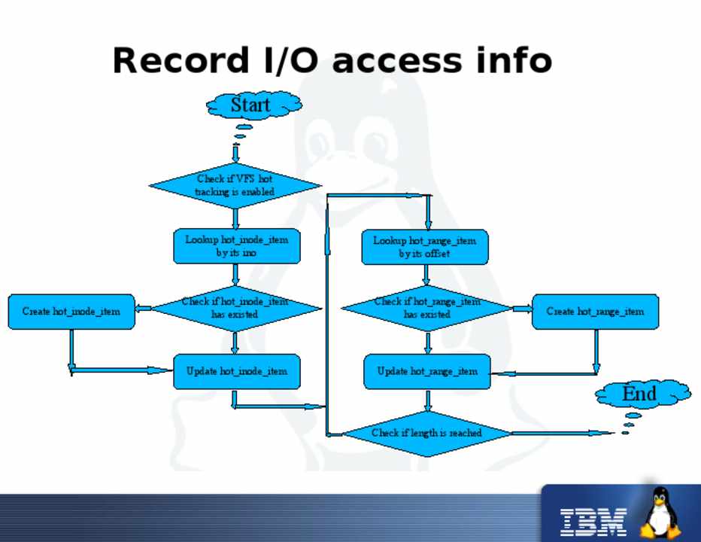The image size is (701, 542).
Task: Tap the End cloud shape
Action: (640, 393)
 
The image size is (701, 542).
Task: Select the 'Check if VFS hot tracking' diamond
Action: (235, 186)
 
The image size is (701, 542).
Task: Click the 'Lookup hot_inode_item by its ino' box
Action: (236, 246)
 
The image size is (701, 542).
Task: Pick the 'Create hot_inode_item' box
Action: (71, 312)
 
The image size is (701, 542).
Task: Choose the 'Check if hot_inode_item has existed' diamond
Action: (235, 307)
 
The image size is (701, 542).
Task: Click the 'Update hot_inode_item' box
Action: (237, 371)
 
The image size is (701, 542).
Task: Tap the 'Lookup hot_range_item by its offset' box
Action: (424, 247)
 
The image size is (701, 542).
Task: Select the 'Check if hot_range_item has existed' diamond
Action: (426, 307)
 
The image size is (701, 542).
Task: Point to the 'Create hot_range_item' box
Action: (595, 312)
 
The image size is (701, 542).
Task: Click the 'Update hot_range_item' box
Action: (426, 372)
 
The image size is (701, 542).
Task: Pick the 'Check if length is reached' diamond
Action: (426, 433)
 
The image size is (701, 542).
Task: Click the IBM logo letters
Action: (593, 519)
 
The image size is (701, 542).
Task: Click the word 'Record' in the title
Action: (174, 60)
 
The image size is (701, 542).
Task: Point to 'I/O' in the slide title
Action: (290, 60)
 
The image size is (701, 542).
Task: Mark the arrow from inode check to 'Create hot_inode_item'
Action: (145, 307)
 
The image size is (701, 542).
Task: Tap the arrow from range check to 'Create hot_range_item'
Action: (521, 309)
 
